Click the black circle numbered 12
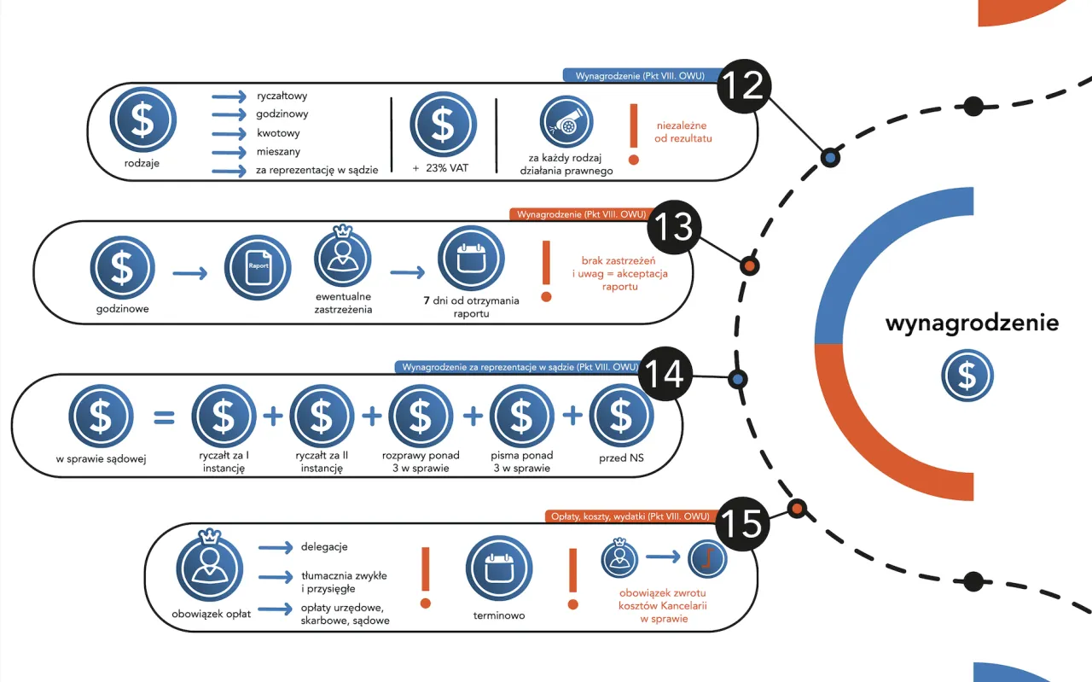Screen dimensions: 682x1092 (x=744, y=86)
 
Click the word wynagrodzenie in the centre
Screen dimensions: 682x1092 (x=972, y=324)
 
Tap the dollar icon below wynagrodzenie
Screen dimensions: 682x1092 (x=967, y=376)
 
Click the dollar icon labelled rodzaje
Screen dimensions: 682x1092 (x=142, y=120)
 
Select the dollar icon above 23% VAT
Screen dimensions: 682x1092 (x=443, y=124)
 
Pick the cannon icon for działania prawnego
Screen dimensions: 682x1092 (x=566, y=123)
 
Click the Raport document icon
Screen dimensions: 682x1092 (x=258, y=266)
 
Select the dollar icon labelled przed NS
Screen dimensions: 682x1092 (x=621, y=417)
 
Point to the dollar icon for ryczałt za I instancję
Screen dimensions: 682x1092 (x=224, y=417)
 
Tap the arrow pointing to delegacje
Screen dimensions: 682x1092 (x=276, y=547)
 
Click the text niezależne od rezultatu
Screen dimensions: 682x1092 (x=682, y=131)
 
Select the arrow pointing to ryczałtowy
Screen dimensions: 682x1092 (x=229, y=96)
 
